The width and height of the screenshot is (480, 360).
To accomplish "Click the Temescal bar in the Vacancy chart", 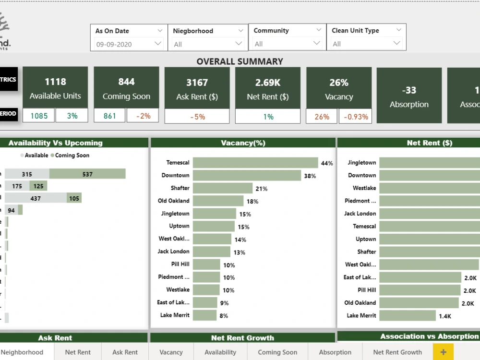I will (255, 163).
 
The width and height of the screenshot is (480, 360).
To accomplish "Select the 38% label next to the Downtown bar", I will (310, 176).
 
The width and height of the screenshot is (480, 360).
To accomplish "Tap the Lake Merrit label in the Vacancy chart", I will (175, 315).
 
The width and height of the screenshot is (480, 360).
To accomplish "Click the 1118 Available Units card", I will (55, 87).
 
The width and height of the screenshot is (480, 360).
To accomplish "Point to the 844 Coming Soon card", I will (126, 87).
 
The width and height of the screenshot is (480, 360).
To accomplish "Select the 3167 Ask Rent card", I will (197, 88).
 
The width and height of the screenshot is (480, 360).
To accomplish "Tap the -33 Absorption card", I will (409, 96).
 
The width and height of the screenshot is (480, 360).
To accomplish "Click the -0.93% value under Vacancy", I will (355, 117).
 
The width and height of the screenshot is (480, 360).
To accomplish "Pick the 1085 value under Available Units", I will (38, 116).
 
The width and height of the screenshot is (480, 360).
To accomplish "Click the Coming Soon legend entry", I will (72, 155).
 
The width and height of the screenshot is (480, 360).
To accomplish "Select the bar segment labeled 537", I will (87, 174).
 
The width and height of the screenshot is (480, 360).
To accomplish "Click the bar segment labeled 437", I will (36, 198).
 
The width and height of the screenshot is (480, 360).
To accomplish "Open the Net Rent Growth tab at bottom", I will (397, 352).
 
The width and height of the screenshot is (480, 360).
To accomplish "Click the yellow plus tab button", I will (443, 352).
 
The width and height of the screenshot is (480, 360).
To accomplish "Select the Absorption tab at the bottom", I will (335, 352).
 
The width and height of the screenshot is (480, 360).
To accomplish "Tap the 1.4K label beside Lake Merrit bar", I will (444, 316).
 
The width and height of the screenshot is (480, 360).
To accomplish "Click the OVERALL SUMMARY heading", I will (240, 61).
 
